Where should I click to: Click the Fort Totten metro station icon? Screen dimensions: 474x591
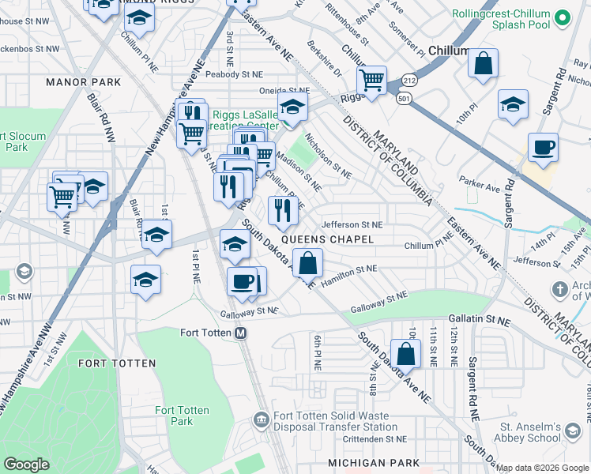click(242, 333)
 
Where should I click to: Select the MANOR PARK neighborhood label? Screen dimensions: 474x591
click(84, 82)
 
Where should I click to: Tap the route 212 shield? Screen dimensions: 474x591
click(408, 81)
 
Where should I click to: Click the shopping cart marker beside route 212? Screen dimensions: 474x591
click(371, 80)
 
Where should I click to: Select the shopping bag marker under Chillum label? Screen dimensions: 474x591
click(483, 64)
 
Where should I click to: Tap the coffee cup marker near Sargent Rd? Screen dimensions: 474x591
click(543, 147)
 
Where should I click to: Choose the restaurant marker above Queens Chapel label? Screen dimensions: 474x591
click(282, 210)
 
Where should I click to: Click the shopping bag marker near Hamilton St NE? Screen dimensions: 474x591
click(307, 261)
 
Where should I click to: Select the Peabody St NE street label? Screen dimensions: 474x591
click(233, 74)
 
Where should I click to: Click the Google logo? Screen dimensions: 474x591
click(26, 465)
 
